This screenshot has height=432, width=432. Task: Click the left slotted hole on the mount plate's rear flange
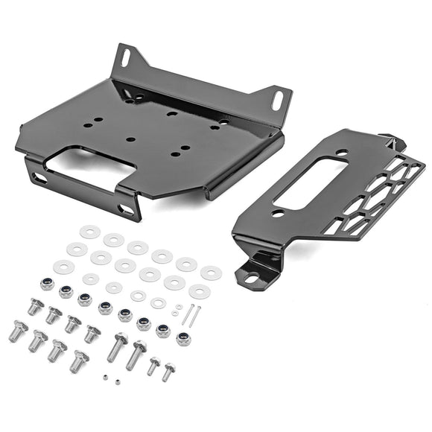tap(126, 57)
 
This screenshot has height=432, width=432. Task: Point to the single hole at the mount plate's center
tap(130, 139)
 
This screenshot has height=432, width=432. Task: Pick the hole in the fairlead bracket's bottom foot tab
tap(252, 279)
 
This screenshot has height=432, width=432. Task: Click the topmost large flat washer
tap(90, 232)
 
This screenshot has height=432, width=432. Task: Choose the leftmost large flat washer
tap(64, 267)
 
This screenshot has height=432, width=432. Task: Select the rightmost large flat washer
tap(211, 273)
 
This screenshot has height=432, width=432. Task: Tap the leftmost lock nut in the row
tap(47, 284)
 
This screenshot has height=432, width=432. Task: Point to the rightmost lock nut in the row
tap(182, 340)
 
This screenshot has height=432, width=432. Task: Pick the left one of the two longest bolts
tap(118, 346)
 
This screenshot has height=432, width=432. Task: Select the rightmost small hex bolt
tap(169, 370)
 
